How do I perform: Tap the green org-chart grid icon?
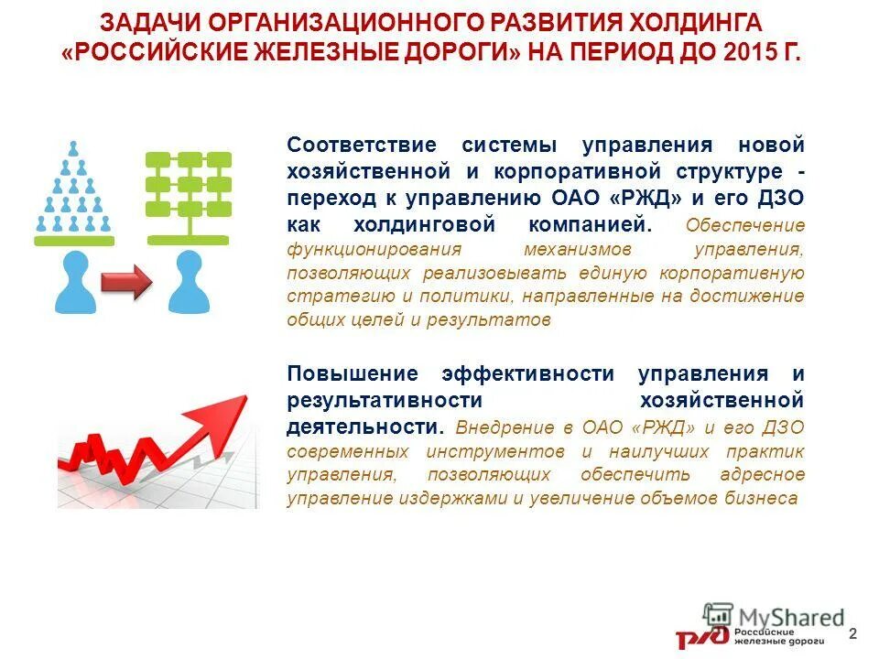pos(189,192)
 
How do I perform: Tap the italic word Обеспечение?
pos(745,226)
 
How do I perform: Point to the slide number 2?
pos(853,634)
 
